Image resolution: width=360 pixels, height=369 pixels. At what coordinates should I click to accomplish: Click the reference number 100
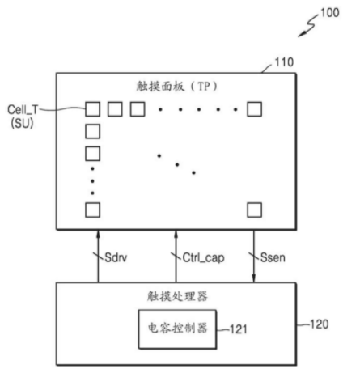pos(329,13)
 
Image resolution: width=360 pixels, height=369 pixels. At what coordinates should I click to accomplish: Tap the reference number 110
pos(284,62)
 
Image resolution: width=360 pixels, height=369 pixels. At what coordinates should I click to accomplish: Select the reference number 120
pos(320,324)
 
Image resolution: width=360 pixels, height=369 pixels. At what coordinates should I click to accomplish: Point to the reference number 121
pos(239,329)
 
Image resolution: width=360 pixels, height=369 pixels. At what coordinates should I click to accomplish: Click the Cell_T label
pos(23,110)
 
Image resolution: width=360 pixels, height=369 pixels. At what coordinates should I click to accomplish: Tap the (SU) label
pos(22,123)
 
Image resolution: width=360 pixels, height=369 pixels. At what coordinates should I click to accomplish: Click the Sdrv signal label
pos(116,257)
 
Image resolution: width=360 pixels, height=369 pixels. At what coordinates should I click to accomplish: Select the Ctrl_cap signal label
pos(203,258)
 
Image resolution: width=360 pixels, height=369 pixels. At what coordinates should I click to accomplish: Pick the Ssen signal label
pos(273,257)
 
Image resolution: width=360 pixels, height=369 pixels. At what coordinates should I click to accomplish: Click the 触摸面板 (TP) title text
pos(176,87)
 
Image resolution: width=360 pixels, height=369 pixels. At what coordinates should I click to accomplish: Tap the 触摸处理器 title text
pos(177,296)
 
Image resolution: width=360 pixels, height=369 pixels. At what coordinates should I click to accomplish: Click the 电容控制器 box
pos(177,329)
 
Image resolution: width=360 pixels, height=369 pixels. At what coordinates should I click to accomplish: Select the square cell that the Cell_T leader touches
pos(93,109)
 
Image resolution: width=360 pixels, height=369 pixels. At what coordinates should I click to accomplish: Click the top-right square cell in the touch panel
pos(254,109)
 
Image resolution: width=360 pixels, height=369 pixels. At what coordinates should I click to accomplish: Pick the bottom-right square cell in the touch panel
pos(254,210)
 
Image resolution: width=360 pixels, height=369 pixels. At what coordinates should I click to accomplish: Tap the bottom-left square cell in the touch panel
pos(93,210)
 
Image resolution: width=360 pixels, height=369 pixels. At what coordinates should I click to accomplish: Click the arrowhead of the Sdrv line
pos(98,234)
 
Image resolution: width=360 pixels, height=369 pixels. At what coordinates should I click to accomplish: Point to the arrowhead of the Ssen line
pos(254,278)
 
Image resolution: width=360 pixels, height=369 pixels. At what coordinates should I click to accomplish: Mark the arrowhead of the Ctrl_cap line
pos(176,234)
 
